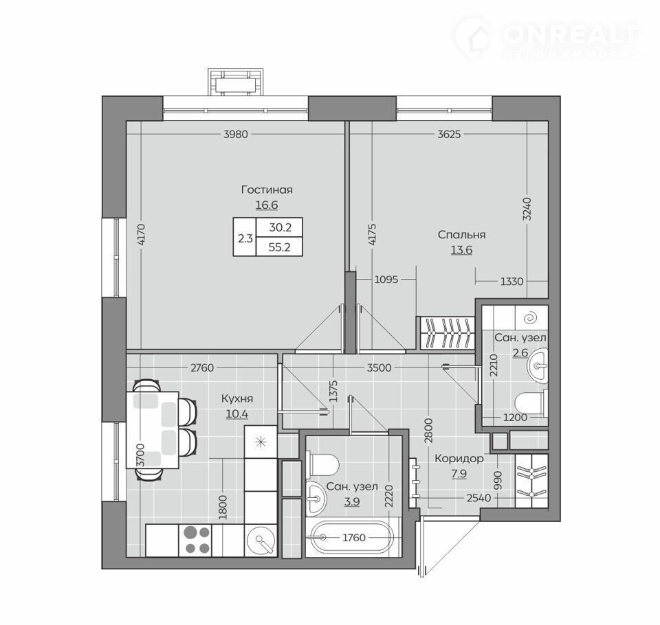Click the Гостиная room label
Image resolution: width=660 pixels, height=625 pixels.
267,190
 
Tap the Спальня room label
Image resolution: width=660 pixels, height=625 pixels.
462,235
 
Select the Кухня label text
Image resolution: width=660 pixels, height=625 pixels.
237,398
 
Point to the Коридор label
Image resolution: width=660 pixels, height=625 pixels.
459,458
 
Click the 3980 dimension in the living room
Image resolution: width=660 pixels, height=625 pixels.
236,134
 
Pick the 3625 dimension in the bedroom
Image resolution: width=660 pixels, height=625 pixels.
449,134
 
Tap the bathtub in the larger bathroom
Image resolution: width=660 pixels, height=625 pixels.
350,537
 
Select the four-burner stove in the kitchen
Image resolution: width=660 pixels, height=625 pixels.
196,540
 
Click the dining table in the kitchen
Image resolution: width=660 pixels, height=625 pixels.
153,429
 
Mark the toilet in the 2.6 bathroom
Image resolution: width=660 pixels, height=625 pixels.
531,402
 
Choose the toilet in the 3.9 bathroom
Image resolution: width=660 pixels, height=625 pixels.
323,465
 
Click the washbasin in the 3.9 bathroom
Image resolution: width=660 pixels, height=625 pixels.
316,499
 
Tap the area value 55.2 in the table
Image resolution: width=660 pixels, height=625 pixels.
280,247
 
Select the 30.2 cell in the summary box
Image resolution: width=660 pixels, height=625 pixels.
280,227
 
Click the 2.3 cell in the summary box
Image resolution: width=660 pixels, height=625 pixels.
245,238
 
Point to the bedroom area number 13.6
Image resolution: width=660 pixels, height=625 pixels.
462,250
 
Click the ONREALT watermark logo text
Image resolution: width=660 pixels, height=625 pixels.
571,34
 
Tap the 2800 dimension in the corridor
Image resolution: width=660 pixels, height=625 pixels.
428,431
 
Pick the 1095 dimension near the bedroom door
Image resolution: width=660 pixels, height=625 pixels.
386,280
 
